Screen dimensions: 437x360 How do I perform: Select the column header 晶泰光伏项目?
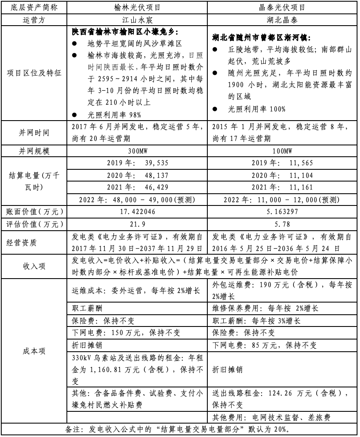(x=283, y=8)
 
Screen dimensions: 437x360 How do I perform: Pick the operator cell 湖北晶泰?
(x=283, y=19)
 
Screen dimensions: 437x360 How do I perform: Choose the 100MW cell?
(x=283, y=151)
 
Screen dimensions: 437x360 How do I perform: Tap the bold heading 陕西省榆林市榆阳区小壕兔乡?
(x=125, y=32)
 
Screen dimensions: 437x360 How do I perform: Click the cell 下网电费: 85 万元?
(x=265, y=345)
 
